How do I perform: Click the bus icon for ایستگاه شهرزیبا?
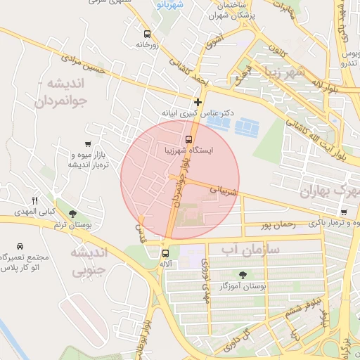point(189,139)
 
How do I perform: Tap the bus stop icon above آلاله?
point(166,253)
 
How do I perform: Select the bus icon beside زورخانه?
point(146,34)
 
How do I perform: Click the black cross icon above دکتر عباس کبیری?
point(198,102)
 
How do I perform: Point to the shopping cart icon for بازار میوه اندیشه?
point(87,144)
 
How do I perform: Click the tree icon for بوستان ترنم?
point(72,214)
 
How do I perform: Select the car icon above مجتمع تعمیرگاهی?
point(20,247)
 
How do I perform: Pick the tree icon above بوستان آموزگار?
point(243,275)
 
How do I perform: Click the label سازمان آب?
point(250,249)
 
